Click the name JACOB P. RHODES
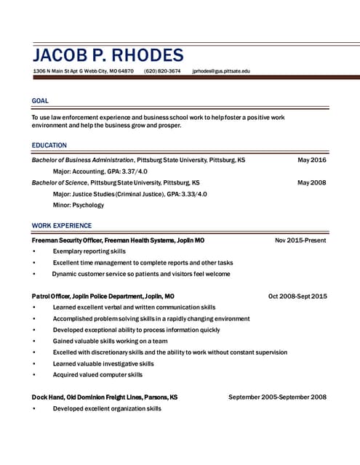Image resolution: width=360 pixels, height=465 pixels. click(x=108, y=55)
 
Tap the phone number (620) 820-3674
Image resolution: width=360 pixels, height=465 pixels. click(x=162, y=71)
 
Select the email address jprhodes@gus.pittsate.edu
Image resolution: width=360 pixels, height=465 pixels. click(x=221, y=71)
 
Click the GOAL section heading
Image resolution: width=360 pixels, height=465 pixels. click(x=40, y=101)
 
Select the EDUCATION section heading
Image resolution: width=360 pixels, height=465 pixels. click(x=49, y=145)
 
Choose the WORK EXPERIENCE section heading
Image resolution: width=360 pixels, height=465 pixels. click(x=62, y=225)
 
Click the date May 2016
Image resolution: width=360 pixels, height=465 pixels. click(x=312, y=160)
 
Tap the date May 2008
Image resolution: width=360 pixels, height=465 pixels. click(x=312, y=182)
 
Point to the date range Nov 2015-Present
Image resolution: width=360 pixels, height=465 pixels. click(x=300, y=240)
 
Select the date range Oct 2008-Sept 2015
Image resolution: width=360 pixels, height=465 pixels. click(x=297, y=296)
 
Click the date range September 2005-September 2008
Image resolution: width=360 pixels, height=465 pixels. click(x=277, y=397)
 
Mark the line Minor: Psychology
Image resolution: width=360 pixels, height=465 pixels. click(x=79, y=205)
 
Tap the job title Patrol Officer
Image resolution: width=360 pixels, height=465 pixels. click(x=55, y=296)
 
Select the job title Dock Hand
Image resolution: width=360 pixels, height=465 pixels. click(x=48, y=397)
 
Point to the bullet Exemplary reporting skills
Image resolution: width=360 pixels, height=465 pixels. click(x=89, y=251)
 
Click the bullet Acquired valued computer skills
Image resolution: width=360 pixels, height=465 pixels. click(x=97, y=375)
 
